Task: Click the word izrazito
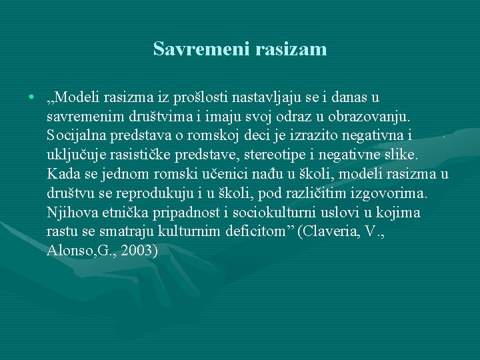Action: [319, 136]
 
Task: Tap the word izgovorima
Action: [394, 194]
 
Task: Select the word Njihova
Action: [71, 213]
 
